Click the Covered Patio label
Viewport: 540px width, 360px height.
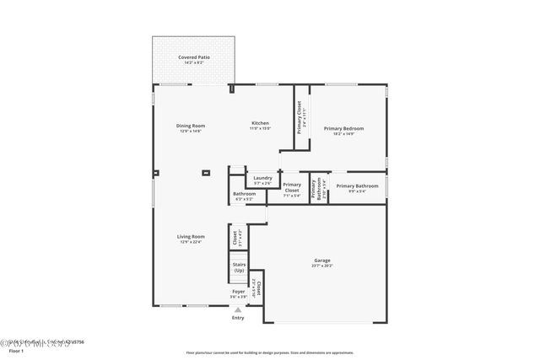(194, 57)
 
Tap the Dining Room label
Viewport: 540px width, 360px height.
(191, 126)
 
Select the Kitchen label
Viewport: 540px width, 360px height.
(260, 124)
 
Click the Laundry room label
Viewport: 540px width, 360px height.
(262, 177)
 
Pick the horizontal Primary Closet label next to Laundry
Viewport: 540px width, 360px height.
(292, 187)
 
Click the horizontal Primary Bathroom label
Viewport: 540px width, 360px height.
(357, 185)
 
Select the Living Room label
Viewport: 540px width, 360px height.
(191, 237)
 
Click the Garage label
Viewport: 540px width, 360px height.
(322, 261)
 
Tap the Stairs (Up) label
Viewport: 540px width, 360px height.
(239, 267)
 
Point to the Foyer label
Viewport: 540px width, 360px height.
(239, 292)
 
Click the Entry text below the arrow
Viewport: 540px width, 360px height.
(238, 318)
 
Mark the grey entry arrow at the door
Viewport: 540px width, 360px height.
(238, 309)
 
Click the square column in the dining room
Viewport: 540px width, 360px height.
(206, 175)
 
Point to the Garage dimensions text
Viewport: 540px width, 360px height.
(322, 266)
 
